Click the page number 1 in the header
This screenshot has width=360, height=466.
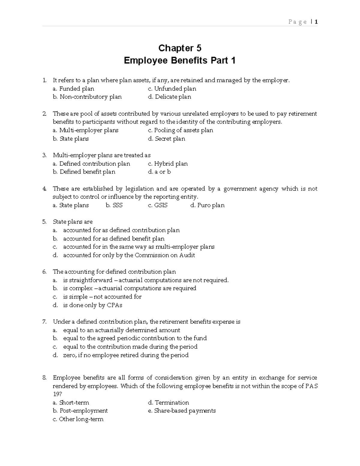coord(316,22)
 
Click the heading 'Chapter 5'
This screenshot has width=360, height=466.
coord(180,48)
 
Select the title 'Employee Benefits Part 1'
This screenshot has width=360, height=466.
coord(180,61)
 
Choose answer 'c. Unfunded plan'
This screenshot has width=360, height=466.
coord(172,89)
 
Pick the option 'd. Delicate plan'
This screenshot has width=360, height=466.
coord(169,97)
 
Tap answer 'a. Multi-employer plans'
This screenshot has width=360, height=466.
coord(85,130)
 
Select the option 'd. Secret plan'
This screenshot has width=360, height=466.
coord(166,139)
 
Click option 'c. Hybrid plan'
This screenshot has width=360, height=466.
coord(168,164)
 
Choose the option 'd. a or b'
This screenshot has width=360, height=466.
coord(159,172)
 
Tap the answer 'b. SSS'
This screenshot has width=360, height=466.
coord(114,205)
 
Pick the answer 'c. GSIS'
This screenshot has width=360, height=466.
coord(158,205)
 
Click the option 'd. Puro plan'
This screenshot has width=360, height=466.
coord(207,205)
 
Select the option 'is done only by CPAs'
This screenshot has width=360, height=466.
coord(92,305)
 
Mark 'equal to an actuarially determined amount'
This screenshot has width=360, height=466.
coord(121,330)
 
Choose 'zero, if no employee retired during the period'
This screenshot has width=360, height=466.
coord(126,355)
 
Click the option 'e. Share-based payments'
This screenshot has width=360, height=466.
coord(182,411)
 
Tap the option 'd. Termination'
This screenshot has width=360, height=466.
coord(168,403)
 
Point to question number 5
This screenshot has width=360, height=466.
coord(44,222)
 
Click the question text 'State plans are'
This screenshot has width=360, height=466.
coord(73,222)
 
